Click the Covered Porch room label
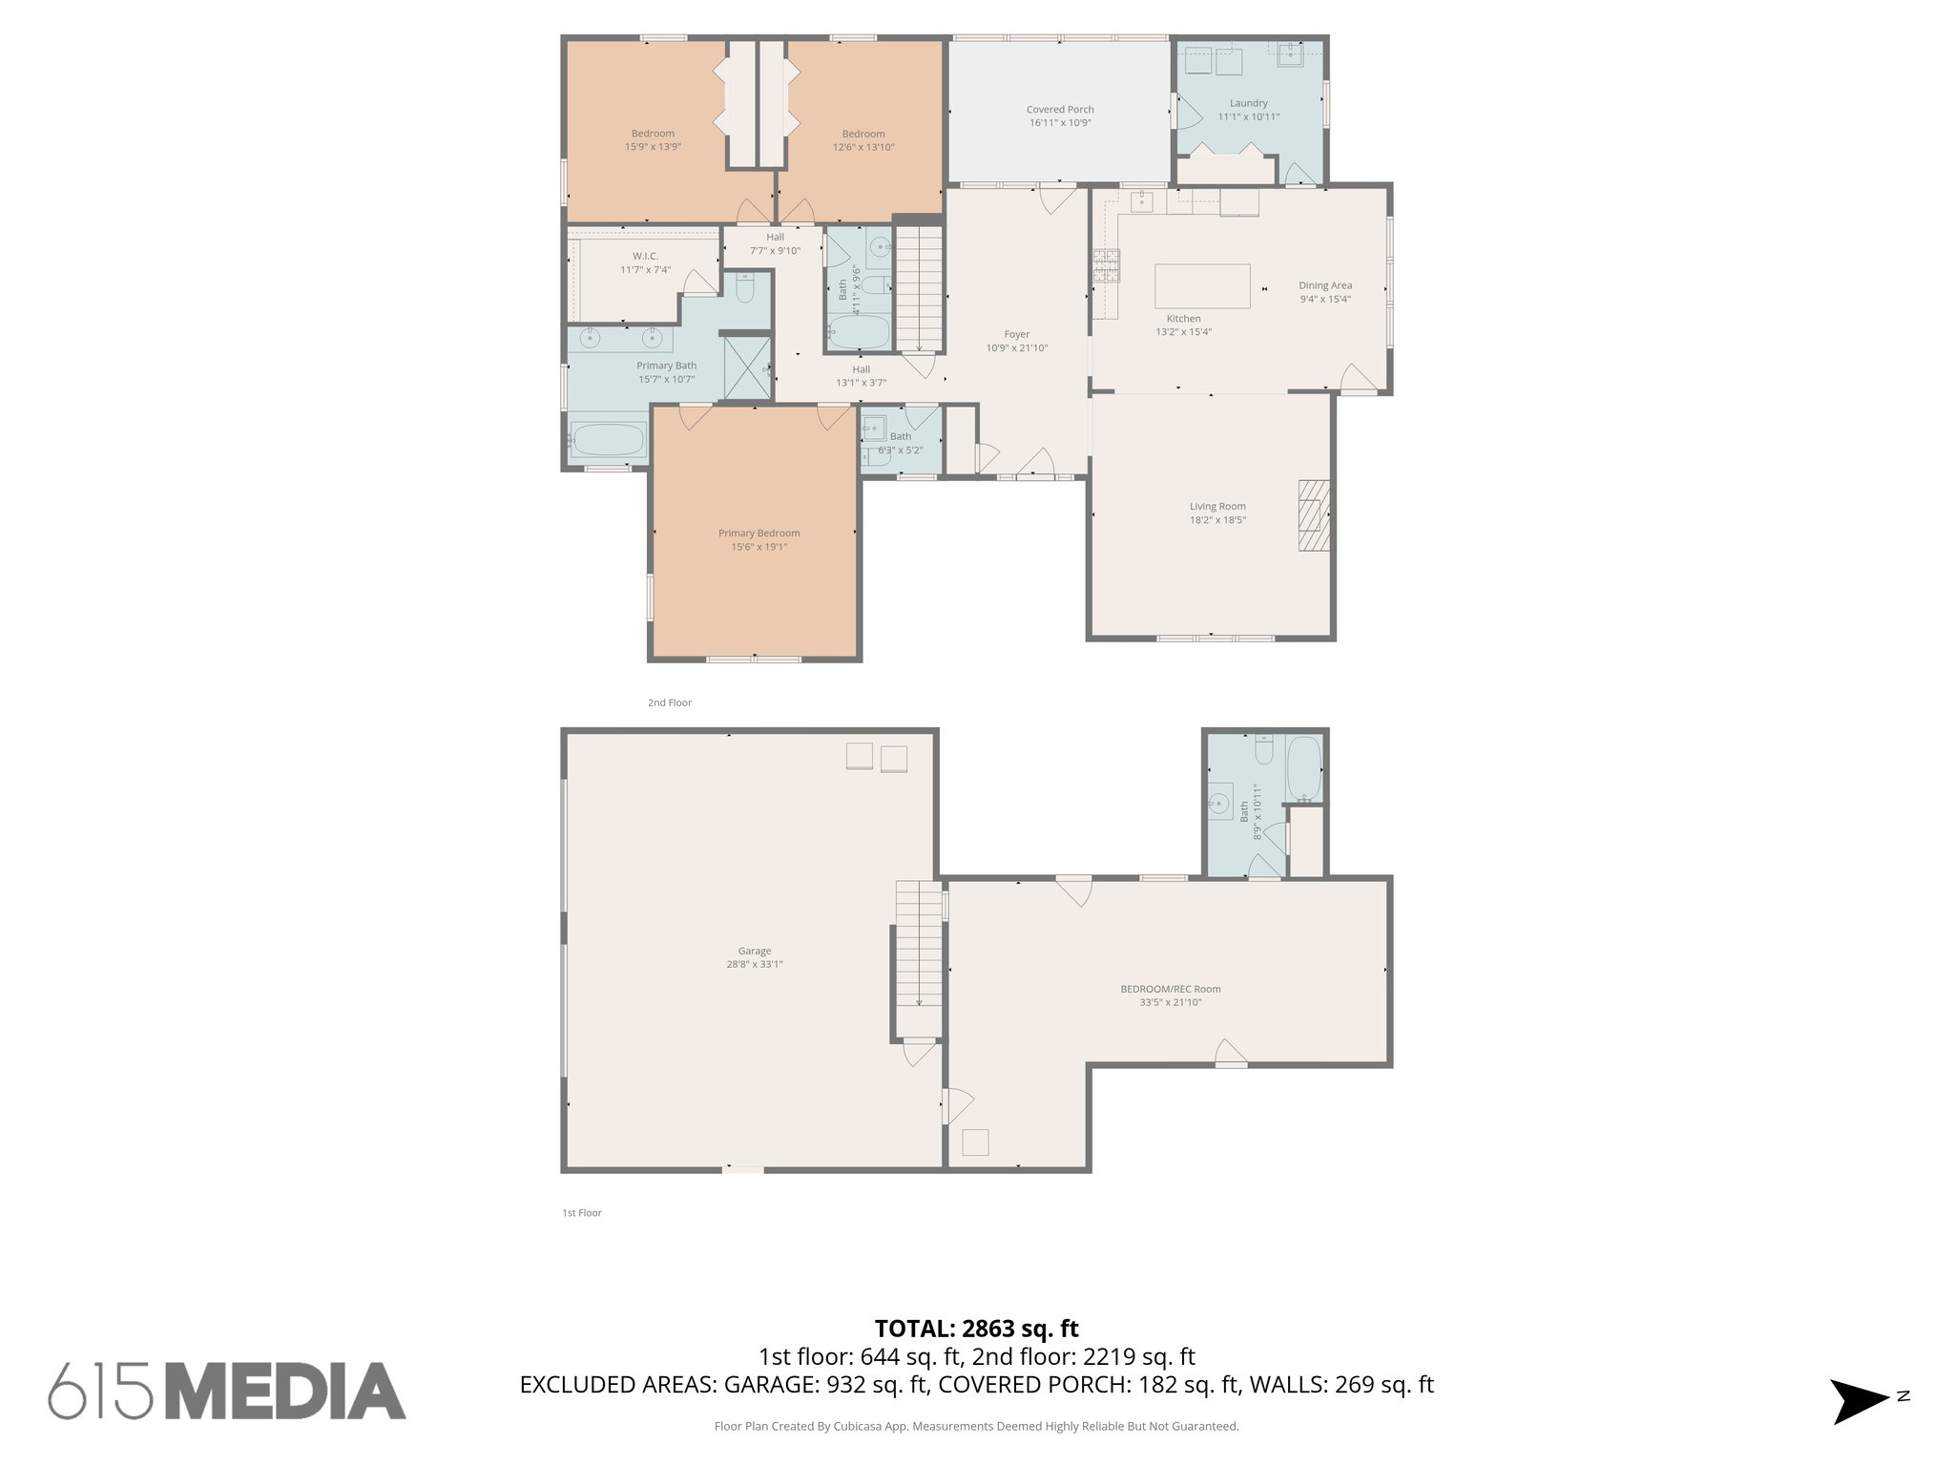point(1059,110)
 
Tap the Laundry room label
point(1248,103)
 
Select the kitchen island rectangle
point(1202,286)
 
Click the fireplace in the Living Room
point(1313,514)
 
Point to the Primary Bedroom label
point(759,534)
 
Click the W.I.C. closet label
point(645,256)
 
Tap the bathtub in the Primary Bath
point(607,440)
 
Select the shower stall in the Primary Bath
point(747,367)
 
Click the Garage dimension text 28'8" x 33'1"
point(754,964)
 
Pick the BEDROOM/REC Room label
point(1170,989)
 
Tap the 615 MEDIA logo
point(227,1391)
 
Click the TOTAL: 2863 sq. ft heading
point(976,1329)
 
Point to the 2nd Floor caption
point(669,702)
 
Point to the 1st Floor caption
point(581,1213)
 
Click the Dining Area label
point(1324,285)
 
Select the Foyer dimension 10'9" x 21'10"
point(1016,348)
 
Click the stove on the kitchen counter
point(1107,265)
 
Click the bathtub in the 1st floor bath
point(1304,770)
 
